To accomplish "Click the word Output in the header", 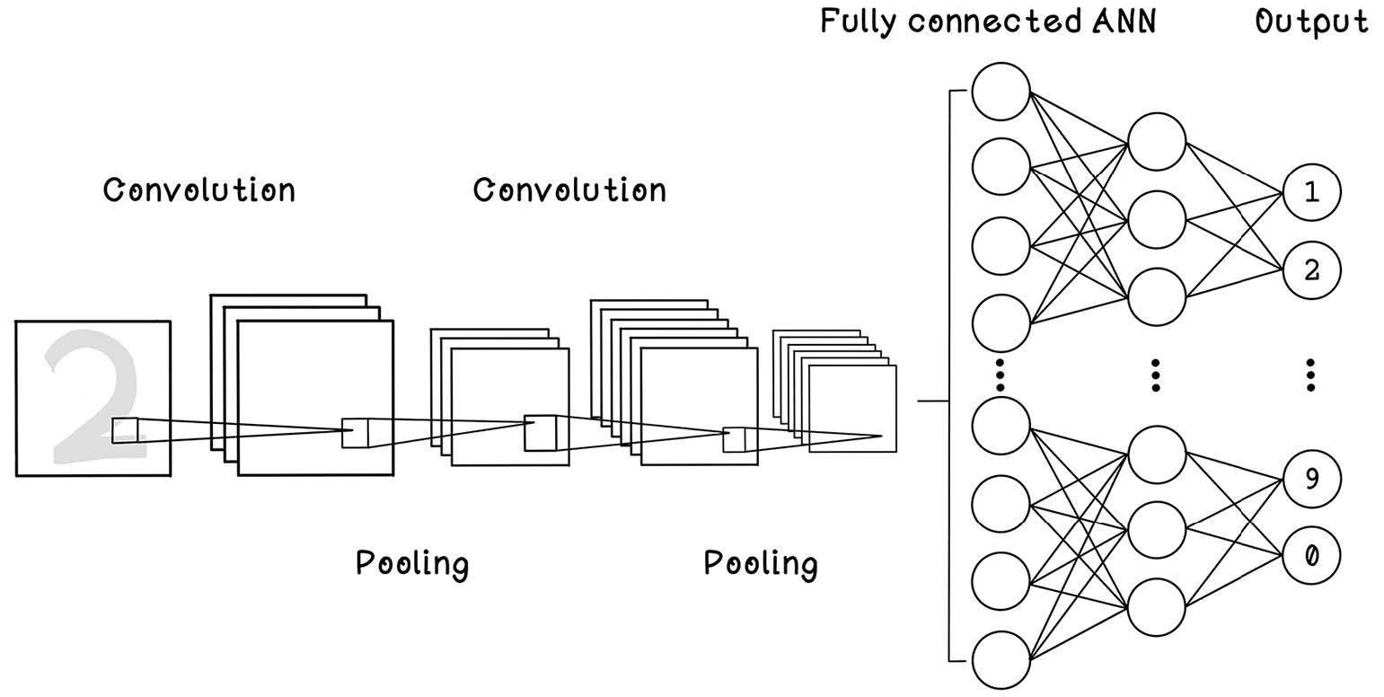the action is click(x=1311, y=22).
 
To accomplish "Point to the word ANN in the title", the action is click(x=1124, y=22).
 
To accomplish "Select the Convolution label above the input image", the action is click(x=199, y=190).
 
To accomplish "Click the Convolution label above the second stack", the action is click(x=569, y=190).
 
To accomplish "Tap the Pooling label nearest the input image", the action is click(x=412, y=564).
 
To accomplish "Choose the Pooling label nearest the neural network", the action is click(x=761, y=564).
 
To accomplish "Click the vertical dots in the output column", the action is click(x=1310, y=375).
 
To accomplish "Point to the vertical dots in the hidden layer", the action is click(x=1156, y=375).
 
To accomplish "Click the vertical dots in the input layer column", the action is click(x=1001, y=375).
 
